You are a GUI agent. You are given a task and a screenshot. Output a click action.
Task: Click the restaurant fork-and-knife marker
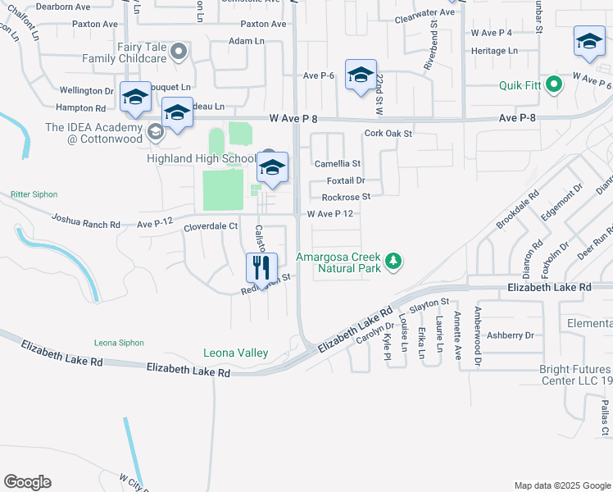pos(262,266)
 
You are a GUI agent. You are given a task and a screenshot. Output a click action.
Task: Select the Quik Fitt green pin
pos(554,84)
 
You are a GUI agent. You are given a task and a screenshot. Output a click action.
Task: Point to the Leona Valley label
pos(236,353)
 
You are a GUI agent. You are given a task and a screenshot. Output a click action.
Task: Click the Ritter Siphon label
pos(34,194)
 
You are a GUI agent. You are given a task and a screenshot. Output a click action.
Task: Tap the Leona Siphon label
pos(119,343)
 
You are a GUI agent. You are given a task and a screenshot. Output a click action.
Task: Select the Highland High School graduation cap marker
pos(273,168)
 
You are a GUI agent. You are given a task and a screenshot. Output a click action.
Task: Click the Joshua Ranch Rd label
pos(85,221)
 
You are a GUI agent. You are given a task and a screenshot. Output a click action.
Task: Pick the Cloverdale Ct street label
pos(211,226)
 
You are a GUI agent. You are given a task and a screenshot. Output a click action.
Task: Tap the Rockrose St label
pos(346,197)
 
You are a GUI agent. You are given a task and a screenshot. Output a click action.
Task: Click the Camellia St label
pos(338,164)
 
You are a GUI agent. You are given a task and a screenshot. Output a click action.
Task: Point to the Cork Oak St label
pos(388,133)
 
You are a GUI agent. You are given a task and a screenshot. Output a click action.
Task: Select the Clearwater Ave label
pos(424,13)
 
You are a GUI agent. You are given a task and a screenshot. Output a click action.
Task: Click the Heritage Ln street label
pos(495,51)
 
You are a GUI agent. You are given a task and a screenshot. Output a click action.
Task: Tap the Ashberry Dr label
pos(510,335)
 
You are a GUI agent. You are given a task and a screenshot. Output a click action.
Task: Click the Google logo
pos(27,482)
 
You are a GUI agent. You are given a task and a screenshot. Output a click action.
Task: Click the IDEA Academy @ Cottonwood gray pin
pos(155,131)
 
